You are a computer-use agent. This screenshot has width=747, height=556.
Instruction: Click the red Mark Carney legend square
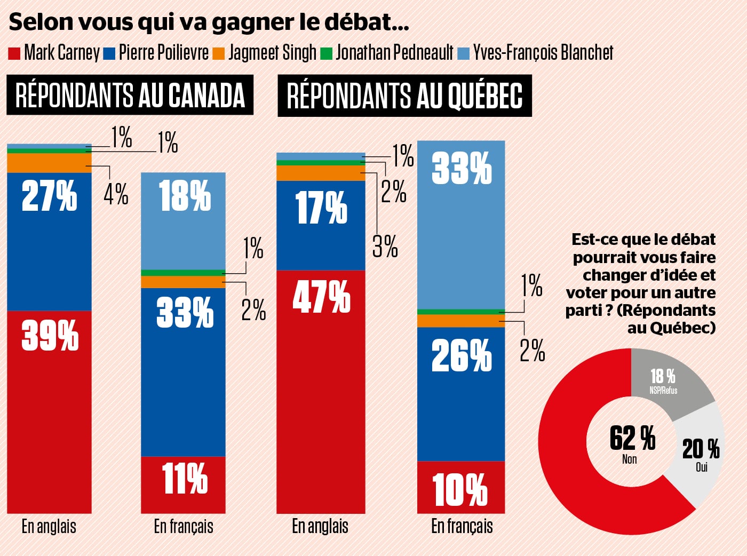(14, 53)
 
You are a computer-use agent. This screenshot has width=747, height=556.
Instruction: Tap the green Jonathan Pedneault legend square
(327, 53)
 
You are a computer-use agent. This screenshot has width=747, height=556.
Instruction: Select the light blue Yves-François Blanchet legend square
(464, 53)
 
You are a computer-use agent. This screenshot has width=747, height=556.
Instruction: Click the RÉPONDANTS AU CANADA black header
(130, 96)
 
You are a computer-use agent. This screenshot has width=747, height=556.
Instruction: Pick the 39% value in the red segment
(50, 336)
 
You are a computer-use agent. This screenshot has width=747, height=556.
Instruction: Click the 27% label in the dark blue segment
(49, 196)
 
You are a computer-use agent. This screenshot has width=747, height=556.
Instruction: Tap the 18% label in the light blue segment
(184, 196)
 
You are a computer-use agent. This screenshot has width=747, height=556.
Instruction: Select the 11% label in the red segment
(184, 478)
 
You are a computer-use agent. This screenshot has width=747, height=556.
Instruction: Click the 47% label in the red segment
(321, 297)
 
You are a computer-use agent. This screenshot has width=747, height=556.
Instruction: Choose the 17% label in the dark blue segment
(321, 208)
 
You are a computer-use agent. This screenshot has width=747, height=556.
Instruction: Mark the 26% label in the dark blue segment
(461, 356)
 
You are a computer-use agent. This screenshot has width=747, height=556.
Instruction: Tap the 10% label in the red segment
(460, 489)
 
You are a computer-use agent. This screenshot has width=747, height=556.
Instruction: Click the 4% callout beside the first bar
(116, 194)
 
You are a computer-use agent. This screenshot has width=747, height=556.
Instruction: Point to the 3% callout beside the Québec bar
(385, 247)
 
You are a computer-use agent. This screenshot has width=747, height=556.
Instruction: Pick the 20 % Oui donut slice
(701, 454)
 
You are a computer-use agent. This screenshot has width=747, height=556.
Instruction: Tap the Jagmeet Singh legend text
(272, 53)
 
